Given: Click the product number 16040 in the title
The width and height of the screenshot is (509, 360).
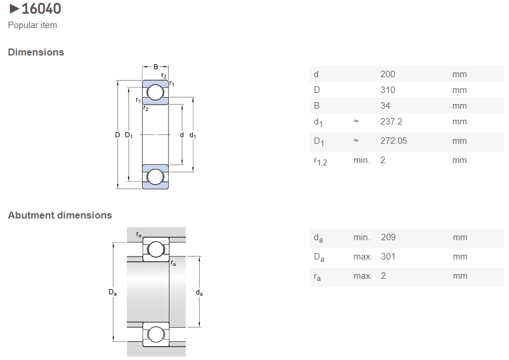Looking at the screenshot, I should tap(41, 9).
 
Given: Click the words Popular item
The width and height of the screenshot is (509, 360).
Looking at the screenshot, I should tap(32, 25).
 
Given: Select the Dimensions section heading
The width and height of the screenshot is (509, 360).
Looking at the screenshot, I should tap(36, 52).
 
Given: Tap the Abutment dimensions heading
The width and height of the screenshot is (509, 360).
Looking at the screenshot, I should tap(60, 215).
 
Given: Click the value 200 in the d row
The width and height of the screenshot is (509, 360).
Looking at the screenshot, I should tap(387, 74).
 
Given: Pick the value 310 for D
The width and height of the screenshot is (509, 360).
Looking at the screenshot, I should tap(387, 90).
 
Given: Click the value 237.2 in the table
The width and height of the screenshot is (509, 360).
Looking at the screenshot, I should tap(391, 122).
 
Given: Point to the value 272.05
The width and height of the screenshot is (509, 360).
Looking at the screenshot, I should tap(394, 141).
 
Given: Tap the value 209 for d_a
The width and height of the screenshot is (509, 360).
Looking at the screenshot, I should tap(388, 237).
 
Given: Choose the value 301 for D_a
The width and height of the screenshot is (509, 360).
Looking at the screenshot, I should tap(388, 257).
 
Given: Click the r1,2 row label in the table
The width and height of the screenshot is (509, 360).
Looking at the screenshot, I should tap(320, 161).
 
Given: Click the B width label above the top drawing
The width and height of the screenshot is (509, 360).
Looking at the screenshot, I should tap(155, 67).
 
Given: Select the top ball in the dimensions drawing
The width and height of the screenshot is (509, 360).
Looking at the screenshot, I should tap(155, 92).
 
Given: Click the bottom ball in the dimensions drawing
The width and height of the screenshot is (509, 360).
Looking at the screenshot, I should tap(155, 176).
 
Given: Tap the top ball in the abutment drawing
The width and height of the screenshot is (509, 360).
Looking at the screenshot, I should tap(155, 250).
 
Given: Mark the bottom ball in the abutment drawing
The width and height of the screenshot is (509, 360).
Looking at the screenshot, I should tap(155, 334).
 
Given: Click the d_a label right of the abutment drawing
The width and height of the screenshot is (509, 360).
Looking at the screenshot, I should tap(199, 292).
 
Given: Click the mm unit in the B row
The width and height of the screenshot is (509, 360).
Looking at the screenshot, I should tap(459, 106).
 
